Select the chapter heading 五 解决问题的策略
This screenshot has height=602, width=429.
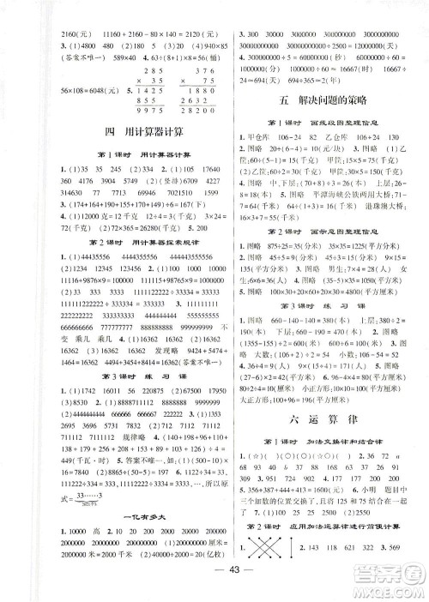click(x=322, y=97)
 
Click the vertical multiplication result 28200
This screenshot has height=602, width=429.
click(x=185, y=109)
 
